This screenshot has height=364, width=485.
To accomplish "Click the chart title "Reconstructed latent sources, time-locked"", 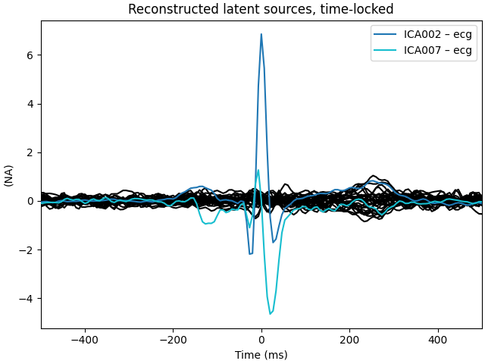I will (261, 9).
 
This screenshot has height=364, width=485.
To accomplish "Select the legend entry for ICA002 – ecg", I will (437, 34).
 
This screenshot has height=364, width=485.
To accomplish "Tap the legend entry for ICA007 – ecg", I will (437, 51).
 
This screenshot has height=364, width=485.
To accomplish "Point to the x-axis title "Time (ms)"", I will (261, 355).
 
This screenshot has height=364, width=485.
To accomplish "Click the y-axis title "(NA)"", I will (9, 175).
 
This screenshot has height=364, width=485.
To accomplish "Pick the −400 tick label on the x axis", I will (84, 340).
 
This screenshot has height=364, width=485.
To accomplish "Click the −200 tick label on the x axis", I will (173, 340).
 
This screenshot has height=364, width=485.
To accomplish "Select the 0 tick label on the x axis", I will (261, 340).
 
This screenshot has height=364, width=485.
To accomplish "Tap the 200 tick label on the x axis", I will (349, 340).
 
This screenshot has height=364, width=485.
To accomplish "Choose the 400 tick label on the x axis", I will (438, 340).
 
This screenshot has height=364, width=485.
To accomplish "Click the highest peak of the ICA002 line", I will (261, 34).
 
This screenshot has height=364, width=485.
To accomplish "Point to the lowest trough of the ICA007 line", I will (270, 314).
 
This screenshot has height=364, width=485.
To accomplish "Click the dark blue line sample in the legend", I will (386, 34).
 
